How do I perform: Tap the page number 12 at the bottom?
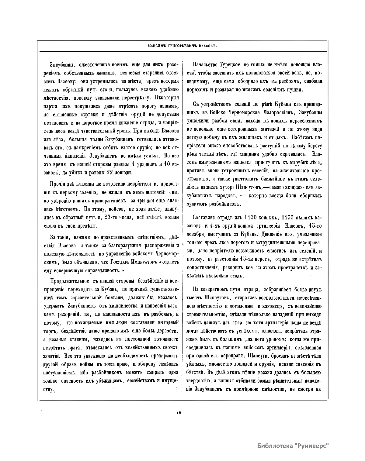pyautogui.click(x=179, y=413)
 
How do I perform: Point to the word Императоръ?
pyautogui.click(x=147, y=262)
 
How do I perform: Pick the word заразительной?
pyautogui.click(x=83, y=297)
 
